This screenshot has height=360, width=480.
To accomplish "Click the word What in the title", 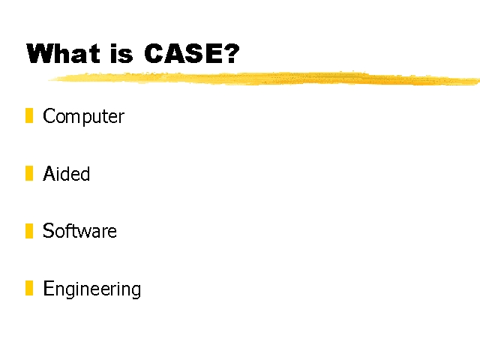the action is point(63,53).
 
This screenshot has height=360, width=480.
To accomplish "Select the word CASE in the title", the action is point(183,53).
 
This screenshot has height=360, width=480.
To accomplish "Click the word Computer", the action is point(83,117).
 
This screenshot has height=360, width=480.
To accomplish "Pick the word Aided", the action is point(67,173).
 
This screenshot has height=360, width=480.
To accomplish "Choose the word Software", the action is point(79,230).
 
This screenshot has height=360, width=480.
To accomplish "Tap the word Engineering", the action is point(91,289).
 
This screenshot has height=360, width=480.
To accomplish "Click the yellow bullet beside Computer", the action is point(29,115).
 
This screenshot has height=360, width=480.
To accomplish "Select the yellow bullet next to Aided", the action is point(29,173).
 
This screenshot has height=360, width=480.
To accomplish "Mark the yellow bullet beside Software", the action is point(29,231).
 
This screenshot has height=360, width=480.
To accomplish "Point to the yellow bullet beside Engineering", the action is point(29,288).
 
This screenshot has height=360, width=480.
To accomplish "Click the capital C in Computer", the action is point(49,115).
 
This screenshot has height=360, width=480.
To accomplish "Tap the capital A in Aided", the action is point(49,173).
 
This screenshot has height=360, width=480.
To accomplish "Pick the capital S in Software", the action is point(48,230).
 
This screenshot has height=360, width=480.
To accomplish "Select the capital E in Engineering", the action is point(48,288).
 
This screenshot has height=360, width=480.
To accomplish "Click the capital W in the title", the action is point(40,53).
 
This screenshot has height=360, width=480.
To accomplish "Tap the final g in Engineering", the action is point(136,291).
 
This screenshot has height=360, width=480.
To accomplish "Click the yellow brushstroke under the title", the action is point(264,78).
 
